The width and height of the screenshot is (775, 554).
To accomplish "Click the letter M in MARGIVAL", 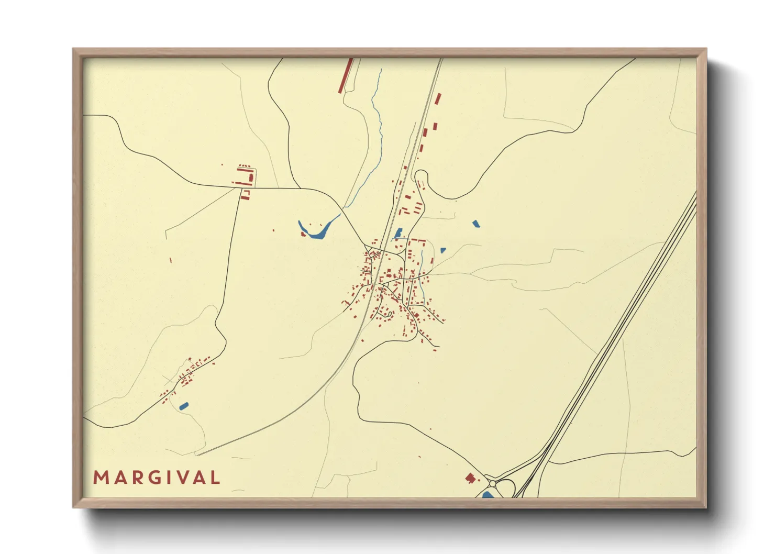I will click(x=101, y=478).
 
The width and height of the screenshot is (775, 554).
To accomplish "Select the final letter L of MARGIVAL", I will click(x=215, y=478).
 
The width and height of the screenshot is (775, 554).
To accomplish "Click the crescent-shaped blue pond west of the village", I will click(x=315, y=231).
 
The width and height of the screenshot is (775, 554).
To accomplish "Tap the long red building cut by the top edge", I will click(x=346, y=75).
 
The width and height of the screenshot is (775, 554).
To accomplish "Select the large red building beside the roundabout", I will click(x=470, y=478).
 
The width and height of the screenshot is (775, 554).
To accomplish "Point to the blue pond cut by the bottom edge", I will click(x=488, y=495).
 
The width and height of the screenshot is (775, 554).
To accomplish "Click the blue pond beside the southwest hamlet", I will click(x=183, y=405).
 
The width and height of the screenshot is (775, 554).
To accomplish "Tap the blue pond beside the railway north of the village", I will click(x=398, y=233).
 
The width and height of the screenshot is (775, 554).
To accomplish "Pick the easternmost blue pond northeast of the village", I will click(x=475, y=224).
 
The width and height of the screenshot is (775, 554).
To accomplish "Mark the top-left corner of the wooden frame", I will click(x=74, y=50).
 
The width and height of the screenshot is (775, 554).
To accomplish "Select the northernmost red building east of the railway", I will click(x=438, y=98).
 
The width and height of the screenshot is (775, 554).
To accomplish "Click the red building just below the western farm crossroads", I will click(x=245, y=195).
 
